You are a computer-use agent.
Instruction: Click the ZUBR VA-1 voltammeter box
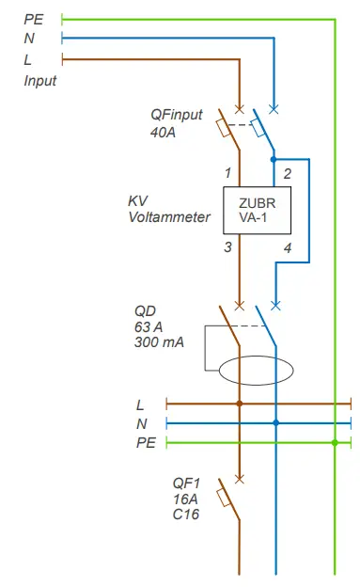pos(257,210)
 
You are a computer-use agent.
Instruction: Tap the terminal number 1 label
pos(227,174)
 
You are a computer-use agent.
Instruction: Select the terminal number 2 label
pos(287,174)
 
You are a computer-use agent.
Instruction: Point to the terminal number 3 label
pos(227,247)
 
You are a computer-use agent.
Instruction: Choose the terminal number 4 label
pos(287,247)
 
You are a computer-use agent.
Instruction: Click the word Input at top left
pos(40,81)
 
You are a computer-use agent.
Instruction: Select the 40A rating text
pos(164,133)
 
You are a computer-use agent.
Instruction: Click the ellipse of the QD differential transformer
pos(257,369)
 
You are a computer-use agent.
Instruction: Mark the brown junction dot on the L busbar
pos(240,404)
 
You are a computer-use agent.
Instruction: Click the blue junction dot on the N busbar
pos(275,422)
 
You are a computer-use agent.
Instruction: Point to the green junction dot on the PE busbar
pos(335,441)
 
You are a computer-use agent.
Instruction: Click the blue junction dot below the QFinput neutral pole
pos(274,160)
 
